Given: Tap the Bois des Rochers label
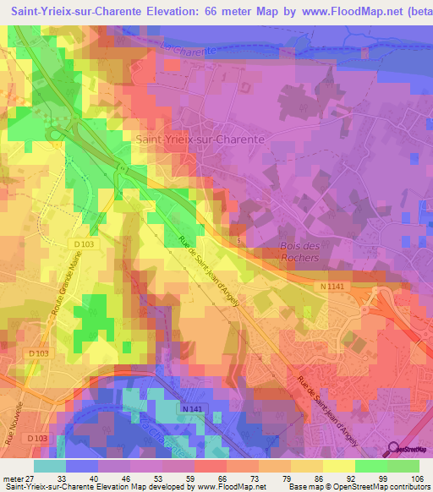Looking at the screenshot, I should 300,251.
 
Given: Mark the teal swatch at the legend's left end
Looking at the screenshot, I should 50,465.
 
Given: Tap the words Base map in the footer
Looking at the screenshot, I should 299,486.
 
